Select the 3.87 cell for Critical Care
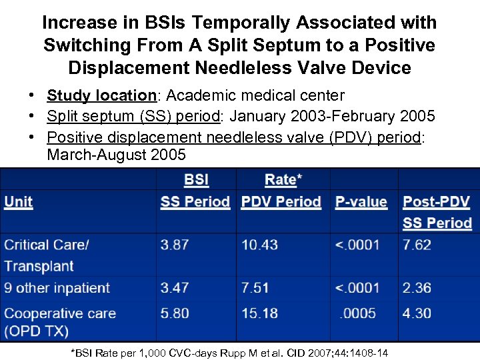pyautogui.click(x=174, y=245)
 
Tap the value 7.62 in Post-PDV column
pyautogui.click(x=417, y=245)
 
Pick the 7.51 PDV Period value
pyautogui.click(x=255, y=288)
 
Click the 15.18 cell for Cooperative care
pyautogui.click(x=259, y=313)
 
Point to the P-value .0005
pyautogui.click(x=357, y=313)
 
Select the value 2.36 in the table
pyautogui.click(x=417, y=288)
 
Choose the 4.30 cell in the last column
pyautogui.click(x=417, y=313)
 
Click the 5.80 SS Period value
pyautogui.click(x=174, y=313)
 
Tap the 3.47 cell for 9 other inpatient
pyautogui.click(x=174, y=288)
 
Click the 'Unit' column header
pyautogui.click(x=19, y=202)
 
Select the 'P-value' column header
pyautogui.click(x=361, y=202)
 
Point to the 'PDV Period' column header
pyautogui.click(x=281, y=202)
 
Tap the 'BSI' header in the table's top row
pyautogui.click(x=196, y=179)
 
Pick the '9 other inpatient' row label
pyautogui.click(x=57, y=288)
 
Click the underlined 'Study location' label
pyautogui.click(x=101, y=96)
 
